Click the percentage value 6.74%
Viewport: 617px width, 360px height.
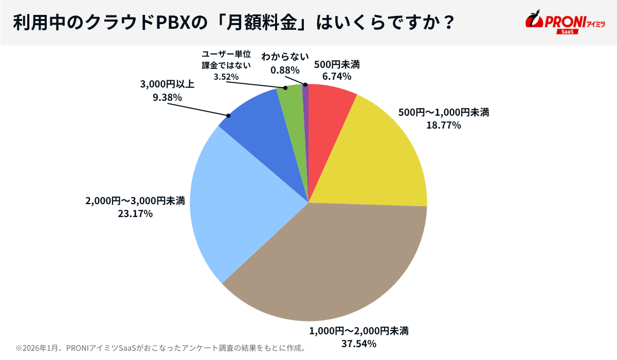point(336,77)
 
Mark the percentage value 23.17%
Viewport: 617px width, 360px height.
point(135,213)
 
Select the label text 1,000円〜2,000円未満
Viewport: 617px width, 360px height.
point(358,330)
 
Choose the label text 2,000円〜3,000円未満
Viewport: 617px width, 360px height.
point(135,201)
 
